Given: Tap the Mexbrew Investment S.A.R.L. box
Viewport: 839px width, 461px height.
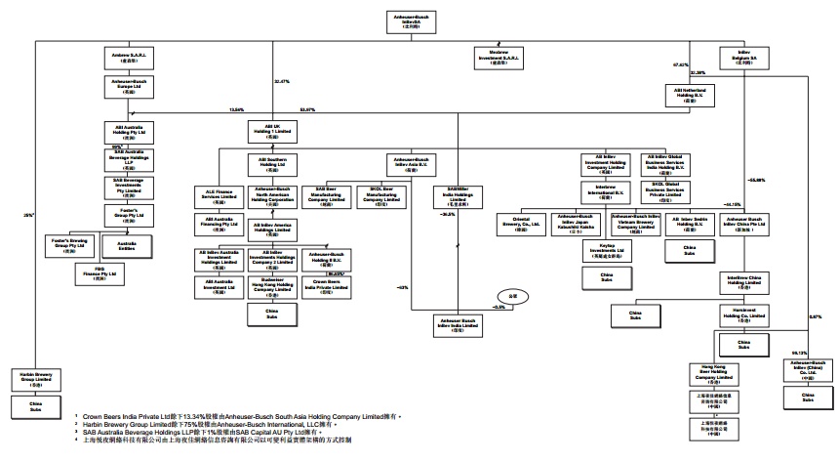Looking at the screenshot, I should pos(498,56).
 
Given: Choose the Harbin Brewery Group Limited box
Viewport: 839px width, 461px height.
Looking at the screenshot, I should pos(36,376).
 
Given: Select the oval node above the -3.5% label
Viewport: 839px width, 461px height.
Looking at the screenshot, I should pos(500,293).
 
